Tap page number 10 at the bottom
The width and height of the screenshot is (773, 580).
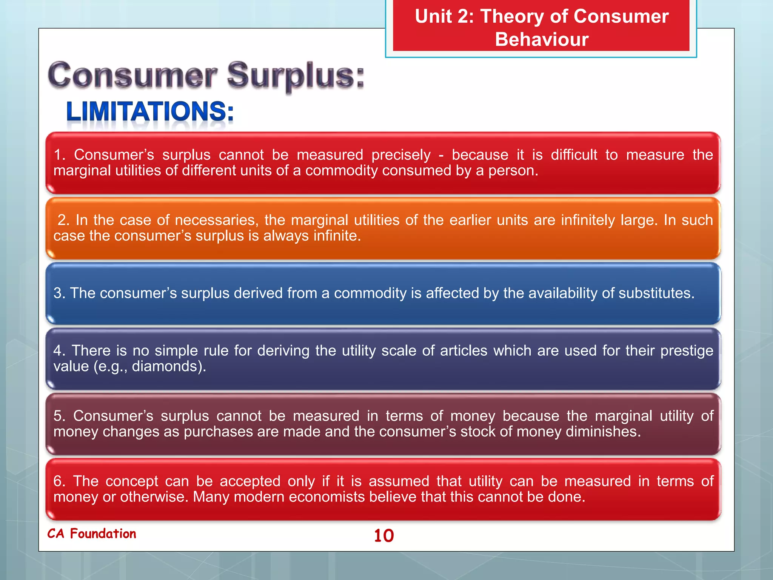pos(384,535)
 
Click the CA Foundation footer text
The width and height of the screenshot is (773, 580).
pos(92,534)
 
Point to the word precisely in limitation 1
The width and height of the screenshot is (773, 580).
pos(401,155)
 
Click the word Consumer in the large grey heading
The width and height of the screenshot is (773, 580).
pos(133,76)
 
